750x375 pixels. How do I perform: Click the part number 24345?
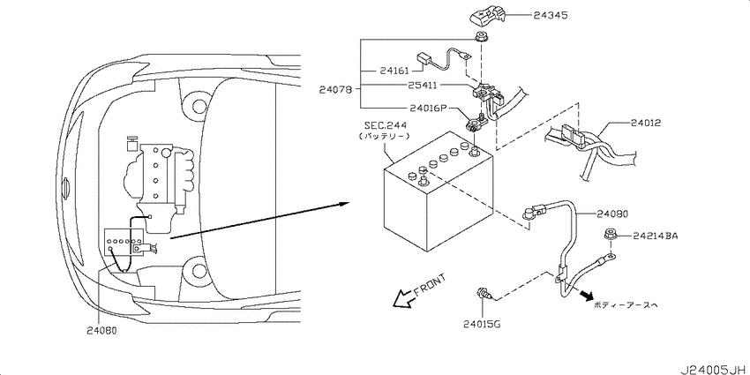click(x=551, y=15)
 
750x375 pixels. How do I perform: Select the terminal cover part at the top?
click(x=486, y=19)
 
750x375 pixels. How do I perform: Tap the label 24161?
click(x=394, y=71)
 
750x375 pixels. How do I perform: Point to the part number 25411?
click(x=423, y=85)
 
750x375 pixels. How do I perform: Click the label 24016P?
click(x=427, y=109)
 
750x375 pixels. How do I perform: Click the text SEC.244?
click(x=386, y=126)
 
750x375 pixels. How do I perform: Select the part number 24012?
click(x=646, y=123)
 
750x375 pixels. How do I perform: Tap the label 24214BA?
click(x=656, y=236)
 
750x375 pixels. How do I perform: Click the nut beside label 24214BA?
click(x=610, y=235)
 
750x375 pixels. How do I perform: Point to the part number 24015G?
click(x=481, y=326)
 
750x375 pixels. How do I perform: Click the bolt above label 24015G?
click(x=484, y=294)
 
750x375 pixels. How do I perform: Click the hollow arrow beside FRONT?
click(x=403, y=298)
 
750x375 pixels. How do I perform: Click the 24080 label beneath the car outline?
click(x=101, y=330)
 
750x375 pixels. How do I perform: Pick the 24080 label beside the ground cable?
click(x=612, y=214)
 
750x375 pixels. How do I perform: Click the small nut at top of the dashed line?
click(x=479, y=36)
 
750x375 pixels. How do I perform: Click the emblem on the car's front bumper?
click(x=66, y=184)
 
